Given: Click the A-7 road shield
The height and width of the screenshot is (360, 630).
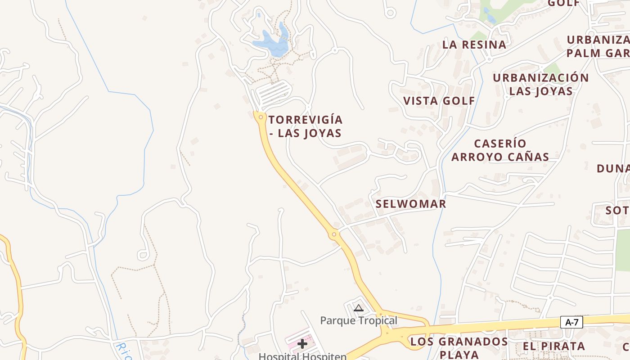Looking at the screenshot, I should (x=571, y=322).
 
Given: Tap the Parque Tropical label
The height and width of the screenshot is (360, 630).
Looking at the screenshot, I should (x=359, y=320).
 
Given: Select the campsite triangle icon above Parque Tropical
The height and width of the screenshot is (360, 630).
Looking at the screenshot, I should (x=358, y=308).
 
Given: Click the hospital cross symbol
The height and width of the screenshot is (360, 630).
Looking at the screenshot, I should (x=302, y=344).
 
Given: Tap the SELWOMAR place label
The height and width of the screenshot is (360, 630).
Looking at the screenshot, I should (x=411, y=204).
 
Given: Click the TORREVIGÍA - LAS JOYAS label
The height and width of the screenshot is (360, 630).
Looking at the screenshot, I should (x=306, y=126).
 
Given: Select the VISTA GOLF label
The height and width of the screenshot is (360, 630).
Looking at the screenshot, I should (x=439, y=101).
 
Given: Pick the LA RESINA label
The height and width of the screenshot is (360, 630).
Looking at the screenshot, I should (x=474, y=45).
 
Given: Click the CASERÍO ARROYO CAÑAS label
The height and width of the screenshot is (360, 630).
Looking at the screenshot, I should (x=500, y=150).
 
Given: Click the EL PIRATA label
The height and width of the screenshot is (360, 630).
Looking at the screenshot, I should (x=553, y=346).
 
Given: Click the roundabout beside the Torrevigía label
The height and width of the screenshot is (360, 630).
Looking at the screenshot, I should (x=261, y=117).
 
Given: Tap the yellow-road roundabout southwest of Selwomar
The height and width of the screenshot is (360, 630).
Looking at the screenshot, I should (x=334, y=234).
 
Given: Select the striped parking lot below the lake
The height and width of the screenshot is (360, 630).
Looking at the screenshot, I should (x=273, y=92).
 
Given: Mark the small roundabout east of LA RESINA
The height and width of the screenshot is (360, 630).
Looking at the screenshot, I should (x=489, y=59).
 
